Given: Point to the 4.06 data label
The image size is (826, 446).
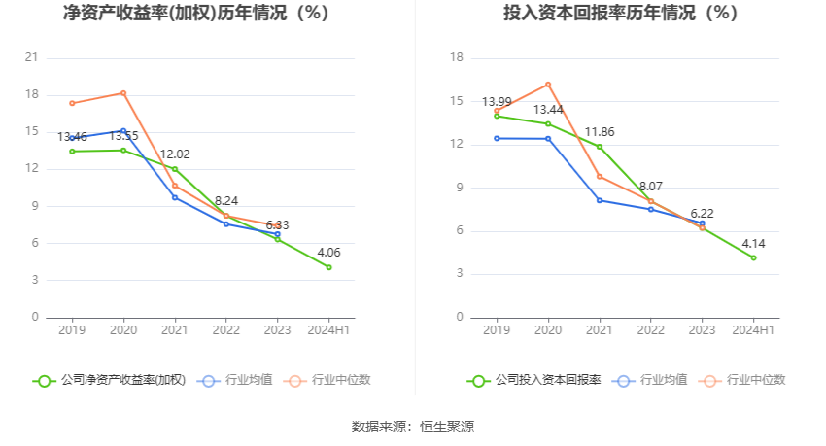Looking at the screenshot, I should coord(328,251).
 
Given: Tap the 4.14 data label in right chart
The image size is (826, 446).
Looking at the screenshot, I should coord(753,242).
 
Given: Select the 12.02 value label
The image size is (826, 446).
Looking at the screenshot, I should coord(175,154).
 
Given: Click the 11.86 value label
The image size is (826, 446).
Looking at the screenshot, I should coord(600,131).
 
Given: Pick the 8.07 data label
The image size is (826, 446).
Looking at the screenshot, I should coord(651,186).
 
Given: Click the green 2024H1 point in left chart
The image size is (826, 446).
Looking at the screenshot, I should coord(328,267).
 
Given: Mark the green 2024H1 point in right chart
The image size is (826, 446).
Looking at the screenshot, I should coord(753,257).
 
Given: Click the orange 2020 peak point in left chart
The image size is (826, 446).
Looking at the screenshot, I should coord(123,93).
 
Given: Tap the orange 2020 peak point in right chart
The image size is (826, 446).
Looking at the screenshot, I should coord(548,85).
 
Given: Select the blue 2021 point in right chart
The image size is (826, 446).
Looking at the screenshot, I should coord(600,200).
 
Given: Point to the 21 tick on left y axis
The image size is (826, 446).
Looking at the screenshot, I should coord(31,57).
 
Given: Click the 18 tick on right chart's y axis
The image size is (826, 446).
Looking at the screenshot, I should coord(456,57).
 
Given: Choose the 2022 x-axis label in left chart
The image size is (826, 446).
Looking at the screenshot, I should coord(226,330).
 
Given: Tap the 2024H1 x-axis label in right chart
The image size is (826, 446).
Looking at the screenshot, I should coord(753,330).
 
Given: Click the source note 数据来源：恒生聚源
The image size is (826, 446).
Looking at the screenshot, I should coord(413,426).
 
